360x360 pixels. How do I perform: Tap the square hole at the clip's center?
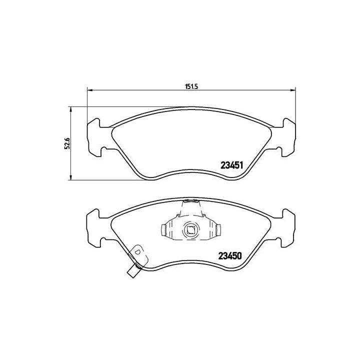190,230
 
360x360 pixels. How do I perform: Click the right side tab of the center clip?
218,230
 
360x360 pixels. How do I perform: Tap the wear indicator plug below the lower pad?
132,273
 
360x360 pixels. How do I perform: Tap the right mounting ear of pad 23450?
287,228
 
